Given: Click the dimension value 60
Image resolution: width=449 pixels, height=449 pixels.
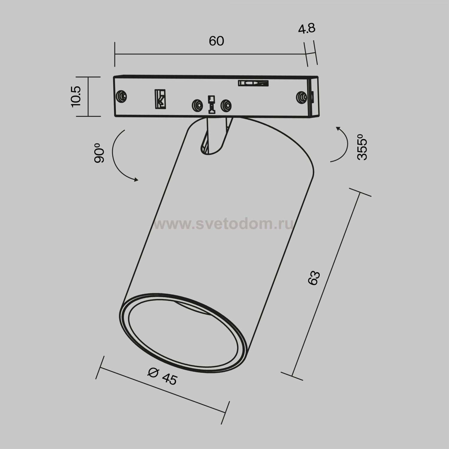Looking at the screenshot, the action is click(216, 41).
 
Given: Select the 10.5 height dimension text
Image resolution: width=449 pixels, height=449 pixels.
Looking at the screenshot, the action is click(75, 96).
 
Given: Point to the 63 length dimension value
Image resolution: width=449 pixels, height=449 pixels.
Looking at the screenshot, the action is click(314, 278).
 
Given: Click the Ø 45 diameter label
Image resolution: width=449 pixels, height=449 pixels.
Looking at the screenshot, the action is click(163, 376).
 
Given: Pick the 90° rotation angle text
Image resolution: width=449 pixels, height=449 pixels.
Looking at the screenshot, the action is click(99, 153).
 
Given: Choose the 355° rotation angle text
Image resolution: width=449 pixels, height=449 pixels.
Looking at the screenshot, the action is click(362, 149).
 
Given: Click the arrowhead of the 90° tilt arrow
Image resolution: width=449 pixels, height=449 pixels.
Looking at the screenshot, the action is click(136, 180).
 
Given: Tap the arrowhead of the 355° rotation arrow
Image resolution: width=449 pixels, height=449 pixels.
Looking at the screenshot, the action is click(338, 128).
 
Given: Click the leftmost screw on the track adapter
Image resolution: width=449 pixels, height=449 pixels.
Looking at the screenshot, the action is click(121, 96).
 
